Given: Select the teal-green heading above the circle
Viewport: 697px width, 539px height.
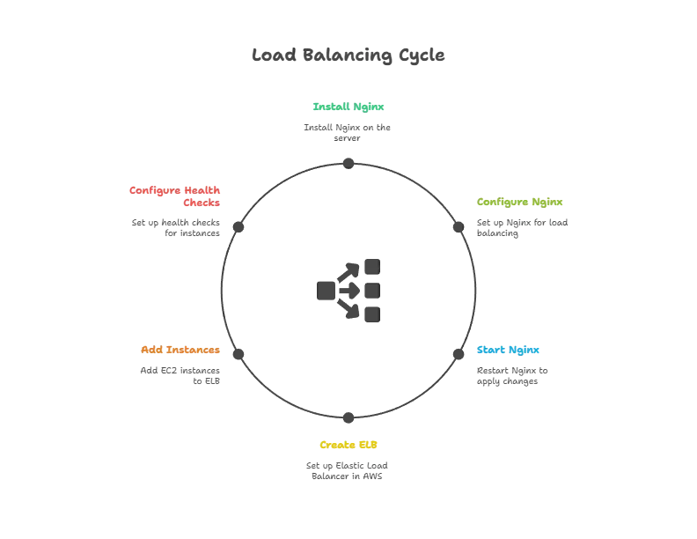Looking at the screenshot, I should [348, 107].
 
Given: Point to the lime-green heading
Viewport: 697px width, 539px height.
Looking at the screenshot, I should [519, 203].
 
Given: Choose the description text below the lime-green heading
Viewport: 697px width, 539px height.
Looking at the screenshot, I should [520, 227].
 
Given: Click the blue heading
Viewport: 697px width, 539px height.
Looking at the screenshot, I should [509, 351].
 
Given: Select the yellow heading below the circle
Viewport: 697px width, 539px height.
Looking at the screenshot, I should [348, 444].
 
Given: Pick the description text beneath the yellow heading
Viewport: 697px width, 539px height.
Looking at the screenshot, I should [348, 469].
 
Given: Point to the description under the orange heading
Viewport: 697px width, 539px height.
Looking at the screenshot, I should [181, 376].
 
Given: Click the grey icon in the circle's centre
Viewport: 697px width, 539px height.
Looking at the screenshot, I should [348, 290].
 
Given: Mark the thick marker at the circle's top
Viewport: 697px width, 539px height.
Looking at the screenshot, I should [348, 160].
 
